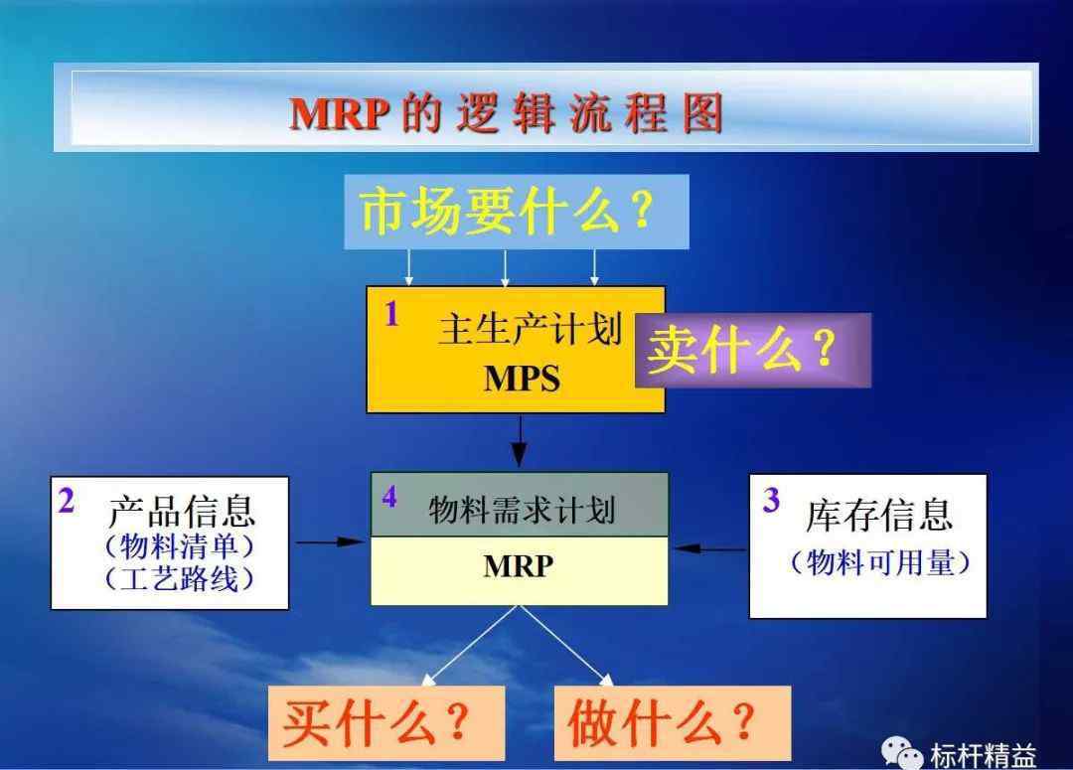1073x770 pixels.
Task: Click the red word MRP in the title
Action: tap(340, 113)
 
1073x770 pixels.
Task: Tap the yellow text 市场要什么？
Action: tap(507, 211)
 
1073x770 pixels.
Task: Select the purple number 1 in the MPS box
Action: tap(391, 314)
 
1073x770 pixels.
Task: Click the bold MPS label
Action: tap(522, 379)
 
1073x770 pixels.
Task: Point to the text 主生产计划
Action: tap(531, 329)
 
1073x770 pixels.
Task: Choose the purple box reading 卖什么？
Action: tap(753, 351)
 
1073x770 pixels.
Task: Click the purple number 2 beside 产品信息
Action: tap(67, 501)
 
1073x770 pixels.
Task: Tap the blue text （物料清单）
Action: tap(179, 546)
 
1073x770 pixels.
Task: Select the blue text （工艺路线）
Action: tap(179, 578)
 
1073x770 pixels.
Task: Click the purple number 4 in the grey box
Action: tap(389, 497)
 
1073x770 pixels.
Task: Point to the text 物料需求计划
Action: tap(523, 511)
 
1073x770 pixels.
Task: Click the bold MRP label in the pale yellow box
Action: tap(518, 566)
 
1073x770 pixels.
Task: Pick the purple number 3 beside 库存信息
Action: tap(771, 500)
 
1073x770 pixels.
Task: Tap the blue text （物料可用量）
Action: tap(880, 562)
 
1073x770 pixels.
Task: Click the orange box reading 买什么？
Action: tap(386, 723)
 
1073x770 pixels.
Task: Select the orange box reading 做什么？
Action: tap(673, 723)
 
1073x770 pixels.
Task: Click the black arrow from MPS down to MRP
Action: tap(520, 441)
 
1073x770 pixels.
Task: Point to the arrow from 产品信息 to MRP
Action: tap(331, 542)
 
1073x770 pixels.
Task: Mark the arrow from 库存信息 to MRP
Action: tap(709, 548)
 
